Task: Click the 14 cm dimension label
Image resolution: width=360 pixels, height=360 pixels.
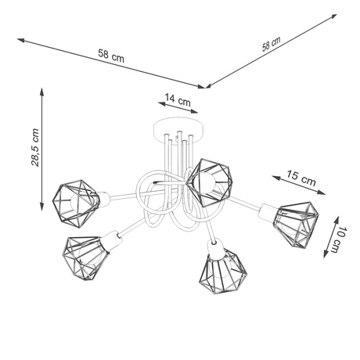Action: point(178,100)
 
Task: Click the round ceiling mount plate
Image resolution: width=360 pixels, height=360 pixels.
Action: point(178,126)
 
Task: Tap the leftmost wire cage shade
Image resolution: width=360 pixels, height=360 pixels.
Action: point(77,200)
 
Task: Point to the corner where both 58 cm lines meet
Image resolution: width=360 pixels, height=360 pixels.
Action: point(206,87)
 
